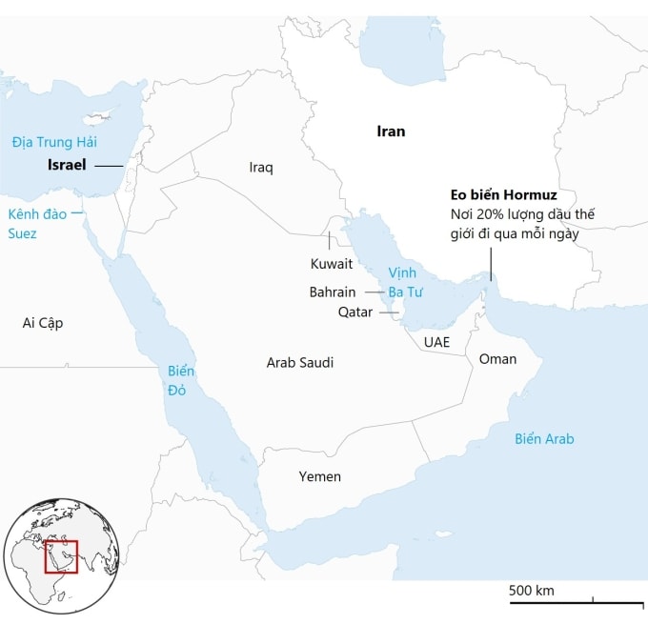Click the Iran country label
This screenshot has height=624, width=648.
(x=391, y=131)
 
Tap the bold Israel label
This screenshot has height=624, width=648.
(x=66, y=165)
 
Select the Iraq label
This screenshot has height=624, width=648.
(x=261, y=168)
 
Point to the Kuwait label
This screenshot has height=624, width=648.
(x=331, y=263)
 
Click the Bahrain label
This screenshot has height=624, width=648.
(x=333, y=292)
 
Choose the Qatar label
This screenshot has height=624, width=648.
(x=355, y=312)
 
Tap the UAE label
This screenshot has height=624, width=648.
(x=436, y=341)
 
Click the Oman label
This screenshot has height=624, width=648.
(x=497, y=359)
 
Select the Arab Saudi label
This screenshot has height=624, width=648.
(x=300, y=363)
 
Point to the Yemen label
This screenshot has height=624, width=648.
(x=319, y=476)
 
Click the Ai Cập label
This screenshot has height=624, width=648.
(x=43, y=323)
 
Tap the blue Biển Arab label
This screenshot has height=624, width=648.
(x=544, y=439)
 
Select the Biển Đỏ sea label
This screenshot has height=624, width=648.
(x=180, y=379)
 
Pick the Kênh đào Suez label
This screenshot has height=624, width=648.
(x=37, y=223)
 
